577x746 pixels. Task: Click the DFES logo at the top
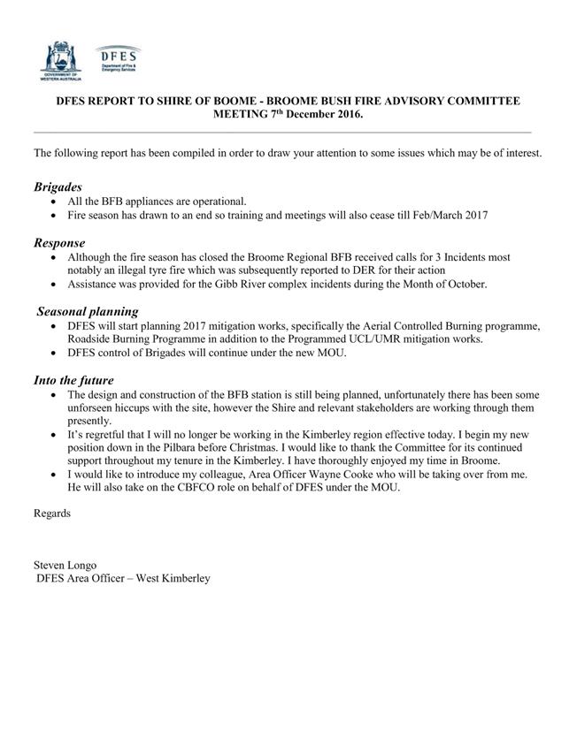[x=118, y=60]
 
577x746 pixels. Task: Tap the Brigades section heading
[x=58, y=187]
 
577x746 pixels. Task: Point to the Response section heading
[x=59, y=242]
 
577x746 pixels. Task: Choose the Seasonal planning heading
[x=88, y=311]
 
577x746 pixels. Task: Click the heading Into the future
[x=73, y=380]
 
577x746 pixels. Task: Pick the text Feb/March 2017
[x=449, y=215]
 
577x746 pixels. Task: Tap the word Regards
[x=52, y=514]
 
